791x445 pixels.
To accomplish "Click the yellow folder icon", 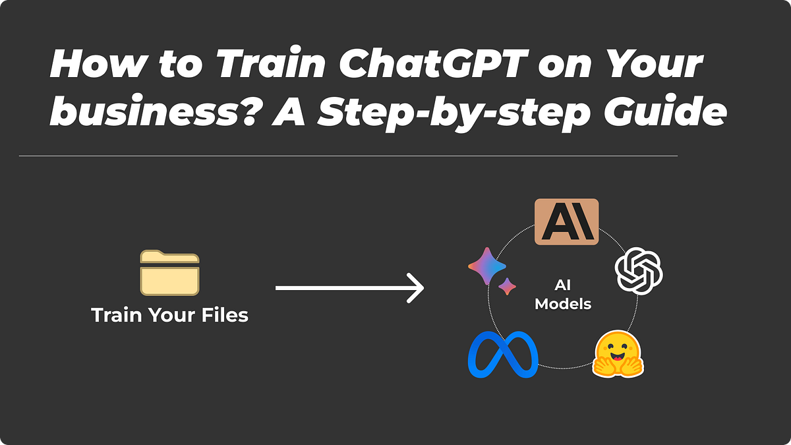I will pyautogui.click(x=169, y=272).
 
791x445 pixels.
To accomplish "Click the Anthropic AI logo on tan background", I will pyautogui.click(x=566, y=222).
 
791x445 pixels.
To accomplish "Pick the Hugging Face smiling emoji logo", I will pyautogui.click(x=618, y=355).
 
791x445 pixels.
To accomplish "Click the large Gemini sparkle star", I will pyautogui.click(x=487, y=266).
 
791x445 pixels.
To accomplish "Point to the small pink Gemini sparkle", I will pyautogui.click(x=507, y=287).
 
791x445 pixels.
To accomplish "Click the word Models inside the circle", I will pyautogui.click(x=563, y=305).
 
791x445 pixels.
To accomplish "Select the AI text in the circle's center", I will pyautogui.click(x=562, y=286).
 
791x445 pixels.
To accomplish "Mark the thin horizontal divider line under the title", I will pyautogui.click(x=348, y=156).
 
